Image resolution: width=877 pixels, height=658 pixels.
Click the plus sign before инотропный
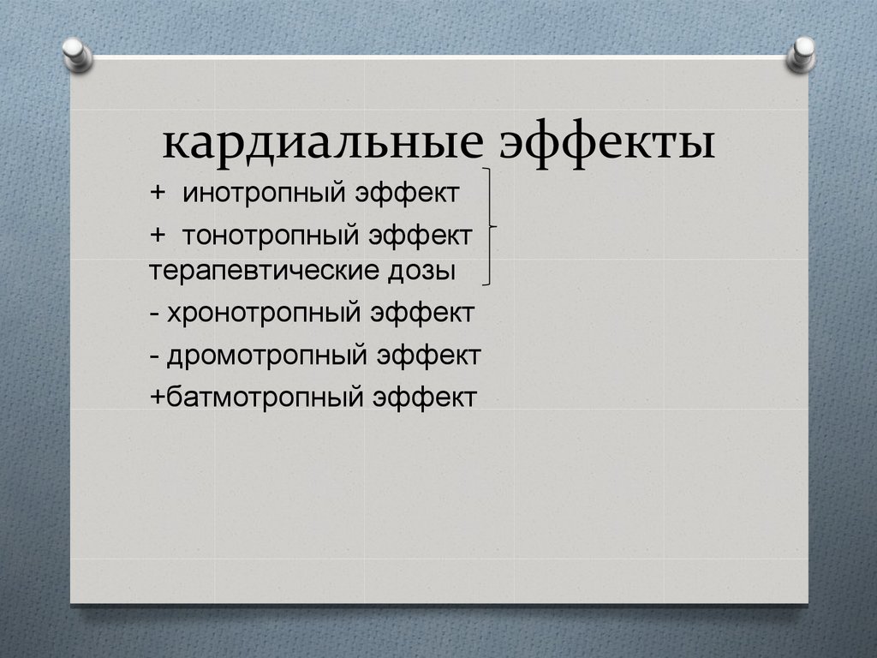pyautogui.click(x=159, y=193)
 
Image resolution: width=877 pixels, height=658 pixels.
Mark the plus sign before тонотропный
pyautogui.click(x=159, y=233)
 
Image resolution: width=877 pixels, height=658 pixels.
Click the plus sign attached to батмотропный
pyautogui.click(x=158, y=397)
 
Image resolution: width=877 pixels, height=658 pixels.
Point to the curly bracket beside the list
pyautogui.click(x=490, y=227)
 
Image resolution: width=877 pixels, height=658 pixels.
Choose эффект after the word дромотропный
pyautogui.click(x=426, y=354)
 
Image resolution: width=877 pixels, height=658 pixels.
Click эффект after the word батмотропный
pyautogui.click(x=423, y=397)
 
